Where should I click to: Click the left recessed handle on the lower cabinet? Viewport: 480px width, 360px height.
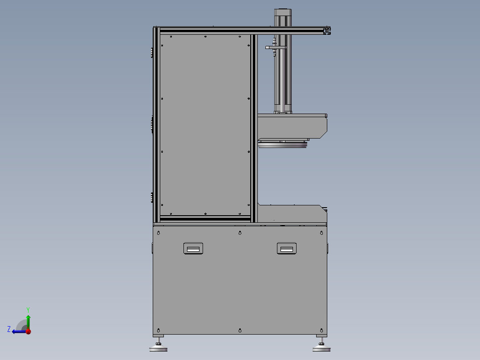[x=193, y=249]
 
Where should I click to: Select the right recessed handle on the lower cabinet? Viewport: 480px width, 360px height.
[x=287, y=249]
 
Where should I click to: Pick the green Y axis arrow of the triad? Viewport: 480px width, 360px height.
[x=28, y=320]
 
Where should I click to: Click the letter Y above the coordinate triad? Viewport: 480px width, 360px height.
[x=28, y=309]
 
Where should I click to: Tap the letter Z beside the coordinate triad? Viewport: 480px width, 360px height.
[x=9, y=329]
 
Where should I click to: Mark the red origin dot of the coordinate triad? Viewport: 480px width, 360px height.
[x=28, y=331]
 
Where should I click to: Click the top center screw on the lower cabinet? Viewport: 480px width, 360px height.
[x=240, y=233]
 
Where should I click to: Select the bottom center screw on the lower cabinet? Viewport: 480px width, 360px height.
[x=240, y=330]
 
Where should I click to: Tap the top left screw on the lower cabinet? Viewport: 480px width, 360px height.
[x=158, y=233]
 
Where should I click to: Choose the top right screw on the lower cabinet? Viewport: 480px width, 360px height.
[x=321, y=233]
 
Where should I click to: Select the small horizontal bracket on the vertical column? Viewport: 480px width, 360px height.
[x=273, y=47]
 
